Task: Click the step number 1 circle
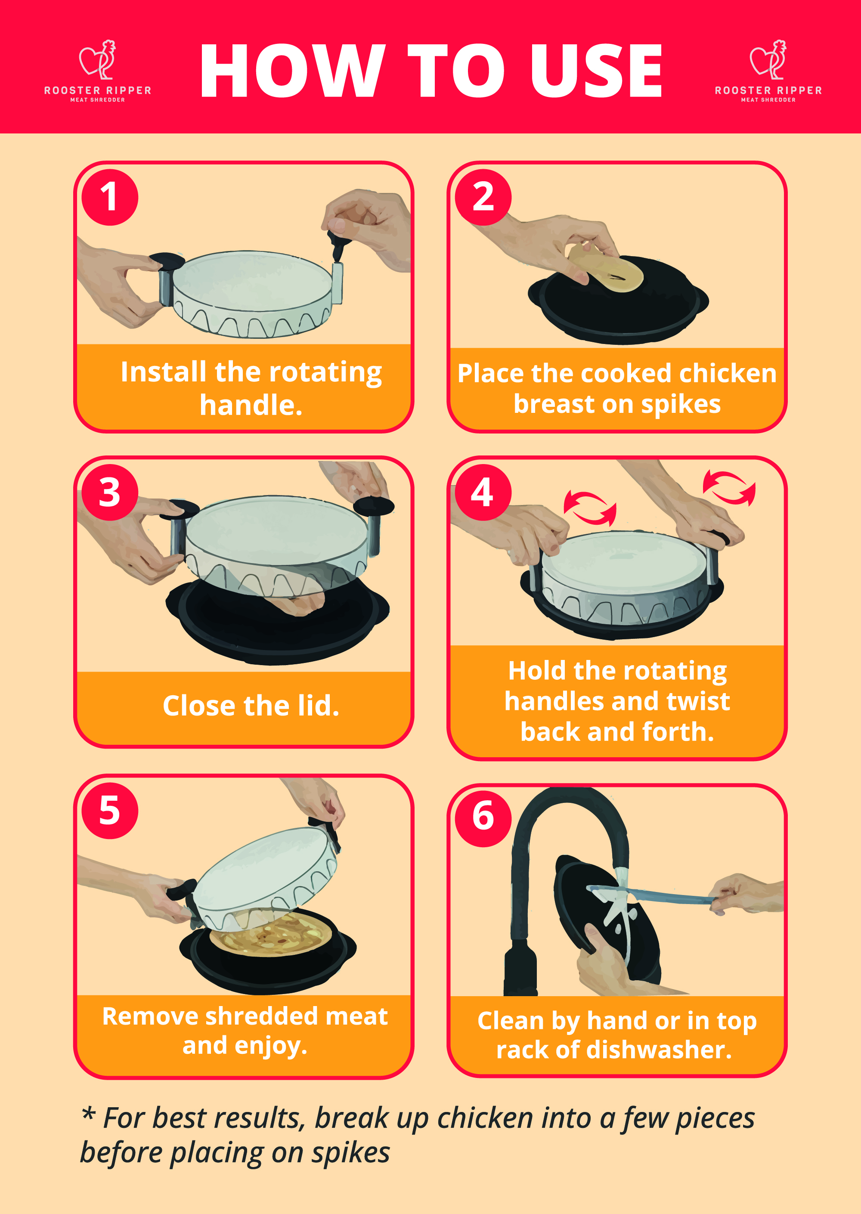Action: pos(110,198)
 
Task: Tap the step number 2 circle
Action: pos(483,198)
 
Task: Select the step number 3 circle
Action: pos(110,492)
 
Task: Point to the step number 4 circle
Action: pos(483,492)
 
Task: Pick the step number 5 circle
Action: pos(110,811)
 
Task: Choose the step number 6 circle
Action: pos(483,818)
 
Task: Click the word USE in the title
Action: pos(596,71)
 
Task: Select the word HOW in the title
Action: pos(292,71)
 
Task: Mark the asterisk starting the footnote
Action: pos(89,1113)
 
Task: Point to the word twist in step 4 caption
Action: pos(698,701)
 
